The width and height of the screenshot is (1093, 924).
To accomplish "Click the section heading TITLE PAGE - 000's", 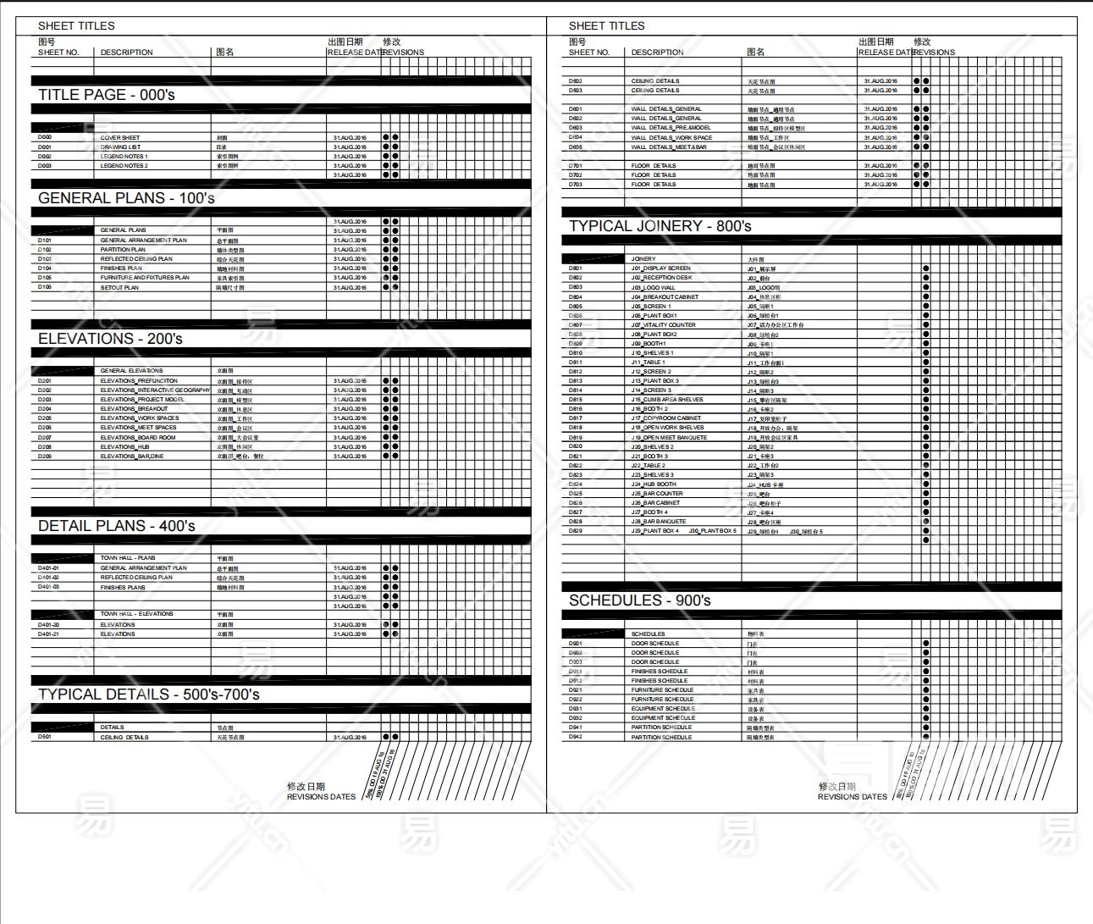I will [x=107, y=95].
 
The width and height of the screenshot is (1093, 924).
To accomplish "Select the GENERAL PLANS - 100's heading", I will [x=126, y=198].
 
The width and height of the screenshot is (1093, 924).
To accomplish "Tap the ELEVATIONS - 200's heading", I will [x=110, y=339].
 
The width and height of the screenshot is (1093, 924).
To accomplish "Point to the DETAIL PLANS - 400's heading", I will [x=117, y=526].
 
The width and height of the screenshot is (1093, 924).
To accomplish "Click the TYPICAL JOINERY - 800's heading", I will [x=660, y=226].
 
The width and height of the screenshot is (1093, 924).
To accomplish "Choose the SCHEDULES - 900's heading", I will [x=640, y=600].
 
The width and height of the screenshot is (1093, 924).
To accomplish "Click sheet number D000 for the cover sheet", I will [x=45, y=137].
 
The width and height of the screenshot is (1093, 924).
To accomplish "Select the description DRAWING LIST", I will [x=120, y=147].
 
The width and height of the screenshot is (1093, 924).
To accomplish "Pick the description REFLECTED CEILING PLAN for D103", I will [x=136, y=259].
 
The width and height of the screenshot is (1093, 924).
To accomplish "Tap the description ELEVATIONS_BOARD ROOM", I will [x=138, y=438].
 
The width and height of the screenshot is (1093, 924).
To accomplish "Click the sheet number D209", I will [x=45, y=456].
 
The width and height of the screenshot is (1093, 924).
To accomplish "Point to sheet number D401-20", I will [x=48, y=625].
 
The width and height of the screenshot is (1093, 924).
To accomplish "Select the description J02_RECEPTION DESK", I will [x=661, y=278].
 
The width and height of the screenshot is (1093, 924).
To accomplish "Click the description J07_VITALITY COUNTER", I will [x=663, y=325].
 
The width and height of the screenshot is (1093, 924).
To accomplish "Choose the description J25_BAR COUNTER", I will [x=657, y=494].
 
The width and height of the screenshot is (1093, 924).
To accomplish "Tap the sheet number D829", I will [x=576, y=531].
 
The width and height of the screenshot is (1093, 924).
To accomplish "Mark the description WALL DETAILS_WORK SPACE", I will [x=671, y=137].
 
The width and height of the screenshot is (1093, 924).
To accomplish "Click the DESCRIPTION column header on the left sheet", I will [x=127, y=53].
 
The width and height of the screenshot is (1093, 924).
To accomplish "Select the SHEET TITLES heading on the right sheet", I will [x=607, y=26].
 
